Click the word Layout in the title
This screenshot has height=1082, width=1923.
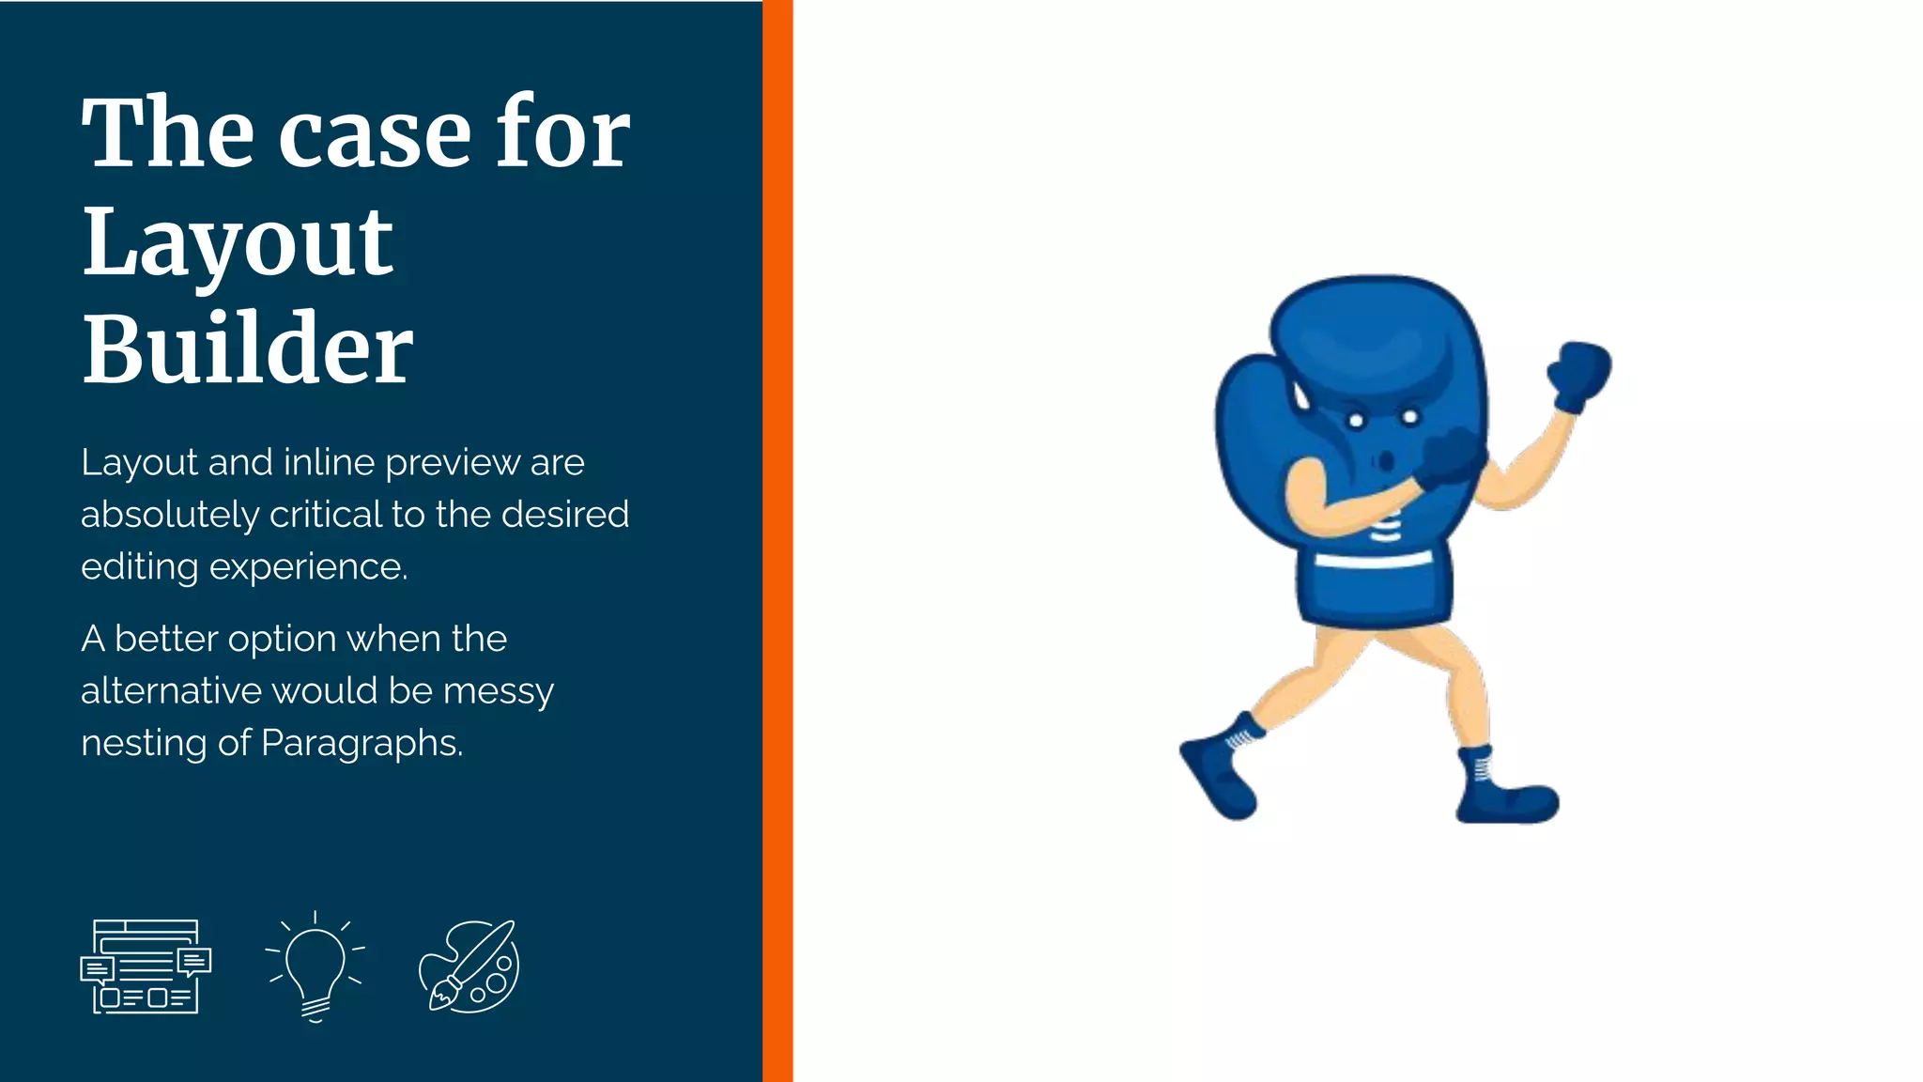238,242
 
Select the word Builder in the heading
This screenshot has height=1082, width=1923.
247,349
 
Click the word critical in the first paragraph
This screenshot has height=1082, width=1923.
326,514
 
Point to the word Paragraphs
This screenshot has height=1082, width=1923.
362,743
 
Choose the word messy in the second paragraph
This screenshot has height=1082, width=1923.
499,691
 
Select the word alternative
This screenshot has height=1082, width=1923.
171,691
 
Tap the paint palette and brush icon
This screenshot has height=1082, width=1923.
469,966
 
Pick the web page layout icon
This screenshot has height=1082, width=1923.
146,966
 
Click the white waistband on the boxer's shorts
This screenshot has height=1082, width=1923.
1373,561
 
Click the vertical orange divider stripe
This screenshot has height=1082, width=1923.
777,541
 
